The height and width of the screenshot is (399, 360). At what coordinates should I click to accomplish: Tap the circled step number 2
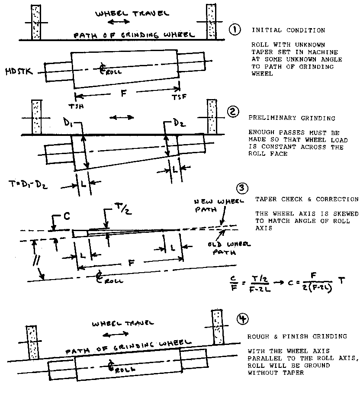234,112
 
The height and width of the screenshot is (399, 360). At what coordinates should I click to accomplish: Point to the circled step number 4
242,319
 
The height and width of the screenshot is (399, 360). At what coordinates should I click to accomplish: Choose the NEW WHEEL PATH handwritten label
211,207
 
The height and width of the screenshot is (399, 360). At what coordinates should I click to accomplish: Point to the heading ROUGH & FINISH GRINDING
297,336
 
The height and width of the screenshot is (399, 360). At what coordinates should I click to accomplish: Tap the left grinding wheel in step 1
36,22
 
